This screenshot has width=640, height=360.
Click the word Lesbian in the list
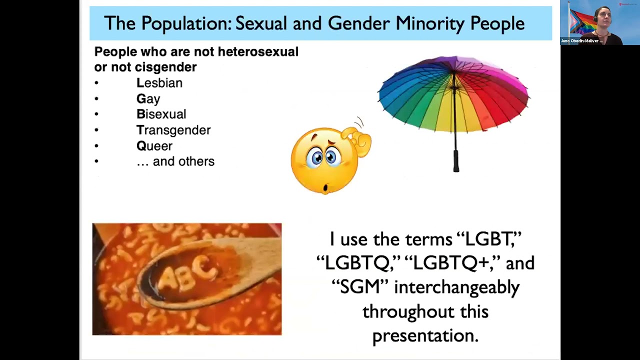click(159, 83)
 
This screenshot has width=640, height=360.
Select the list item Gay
click(148, 99)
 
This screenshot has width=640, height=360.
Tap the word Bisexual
click(161, 114)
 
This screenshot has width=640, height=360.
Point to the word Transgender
click(173, 130)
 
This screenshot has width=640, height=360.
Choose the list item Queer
click(154, 146)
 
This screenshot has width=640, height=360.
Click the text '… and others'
click(175, 161)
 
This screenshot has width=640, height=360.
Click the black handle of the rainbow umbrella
click(456, 160)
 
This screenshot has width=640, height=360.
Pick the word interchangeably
click(456, 287)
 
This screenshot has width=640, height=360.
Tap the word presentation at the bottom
click(425, 335)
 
